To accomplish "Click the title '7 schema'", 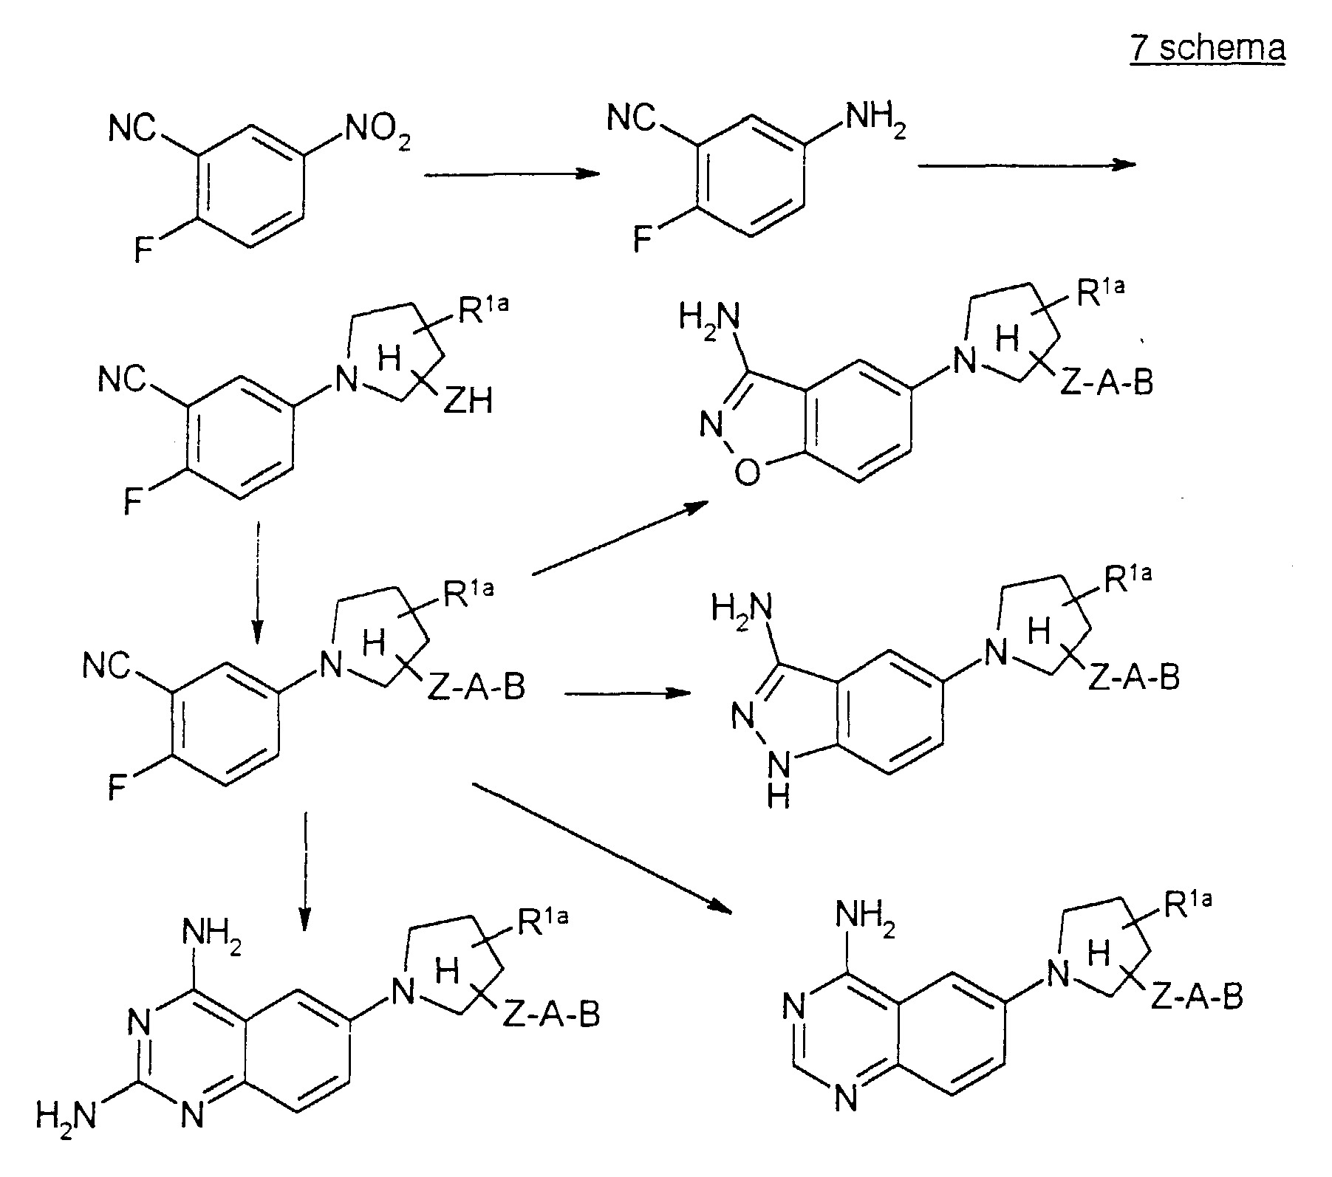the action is (1207, 49).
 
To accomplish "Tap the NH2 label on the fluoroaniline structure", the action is (875, 120).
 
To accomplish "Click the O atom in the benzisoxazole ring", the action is (748, 473).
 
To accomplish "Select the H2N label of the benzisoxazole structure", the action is (709, 321).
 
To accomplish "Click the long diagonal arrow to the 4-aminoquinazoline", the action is (606, 848).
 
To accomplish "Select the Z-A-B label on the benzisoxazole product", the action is (1106, 383).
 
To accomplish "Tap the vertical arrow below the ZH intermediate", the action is (257, 583).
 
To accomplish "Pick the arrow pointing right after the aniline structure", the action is (1027, 165).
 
